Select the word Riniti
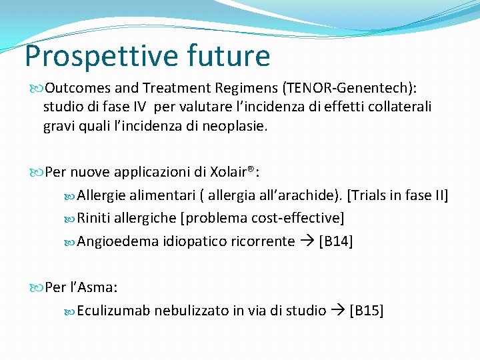coord(95,218)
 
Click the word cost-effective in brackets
coord(297,218)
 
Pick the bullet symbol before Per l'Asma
coord(37,287)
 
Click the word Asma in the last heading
coord(99,287)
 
